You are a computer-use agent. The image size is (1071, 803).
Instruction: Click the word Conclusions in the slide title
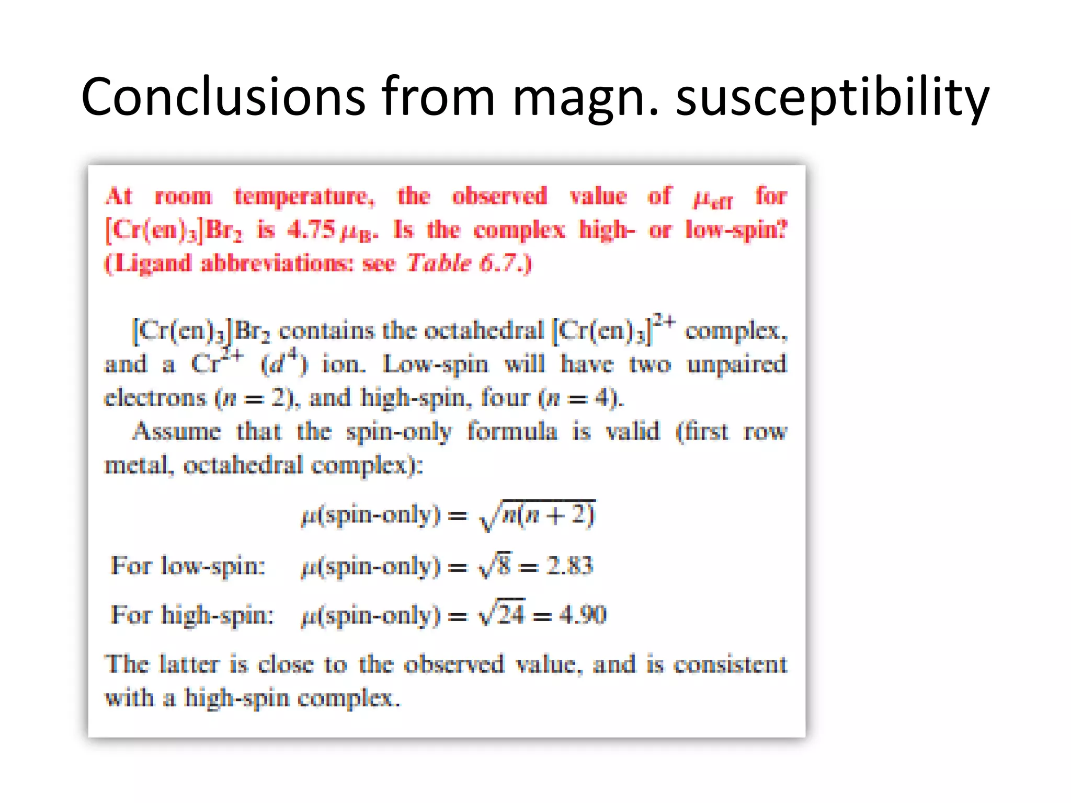(223, 97)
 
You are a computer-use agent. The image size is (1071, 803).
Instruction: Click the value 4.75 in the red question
(311, 230)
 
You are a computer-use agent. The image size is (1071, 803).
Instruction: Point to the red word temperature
(304, 197)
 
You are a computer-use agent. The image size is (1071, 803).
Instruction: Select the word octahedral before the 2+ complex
(484, 330)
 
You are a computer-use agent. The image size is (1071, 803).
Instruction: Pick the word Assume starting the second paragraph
(177, 432)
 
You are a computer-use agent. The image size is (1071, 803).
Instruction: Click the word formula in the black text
(512, 432)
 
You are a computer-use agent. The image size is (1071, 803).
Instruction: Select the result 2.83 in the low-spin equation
(569, 566)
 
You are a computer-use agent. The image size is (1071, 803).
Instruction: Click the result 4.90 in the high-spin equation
(583, 615)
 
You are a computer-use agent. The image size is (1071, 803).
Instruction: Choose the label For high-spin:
(192, 615)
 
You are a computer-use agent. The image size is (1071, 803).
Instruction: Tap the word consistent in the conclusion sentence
(730, 664)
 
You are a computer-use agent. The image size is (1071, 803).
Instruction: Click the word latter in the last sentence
(189, 664)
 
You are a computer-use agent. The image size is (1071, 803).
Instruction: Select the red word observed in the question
(499, 197)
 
